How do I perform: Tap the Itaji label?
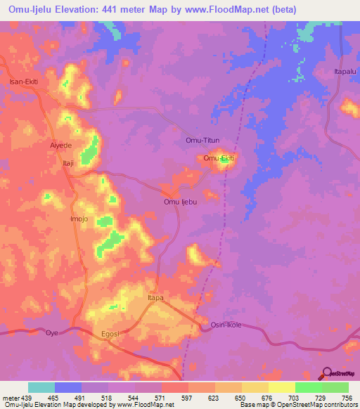coord(68,162)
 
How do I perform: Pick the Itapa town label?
coord(155,298)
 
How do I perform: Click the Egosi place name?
coord(111,335)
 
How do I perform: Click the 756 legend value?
coord(347,397)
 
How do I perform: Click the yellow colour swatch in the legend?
coord(282,387)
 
